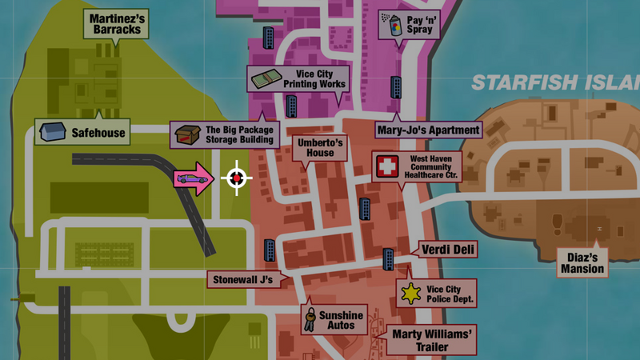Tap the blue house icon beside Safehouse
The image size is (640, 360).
point(52,130)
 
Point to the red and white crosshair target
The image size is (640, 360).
point(236,178)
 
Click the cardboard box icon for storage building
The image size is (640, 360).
point(186,134)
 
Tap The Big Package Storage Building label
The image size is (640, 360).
point(239,134)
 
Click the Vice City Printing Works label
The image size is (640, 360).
point(314,78)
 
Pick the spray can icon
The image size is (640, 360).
point(393,24)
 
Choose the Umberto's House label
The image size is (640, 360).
point(320,147)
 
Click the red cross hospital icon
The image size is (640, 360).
point(387,167)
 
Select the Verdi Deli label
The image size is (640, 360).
point(449,250)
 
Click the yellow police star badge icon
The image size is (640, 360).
point(411,294)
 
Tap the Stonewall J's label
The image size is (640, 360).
point(242,280)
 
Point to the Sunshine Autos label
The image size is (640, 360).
point(342,320)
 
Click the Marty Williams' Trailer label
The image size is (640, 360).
point(433,341)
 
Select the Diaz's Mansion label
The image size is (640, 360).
point(582,262)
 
